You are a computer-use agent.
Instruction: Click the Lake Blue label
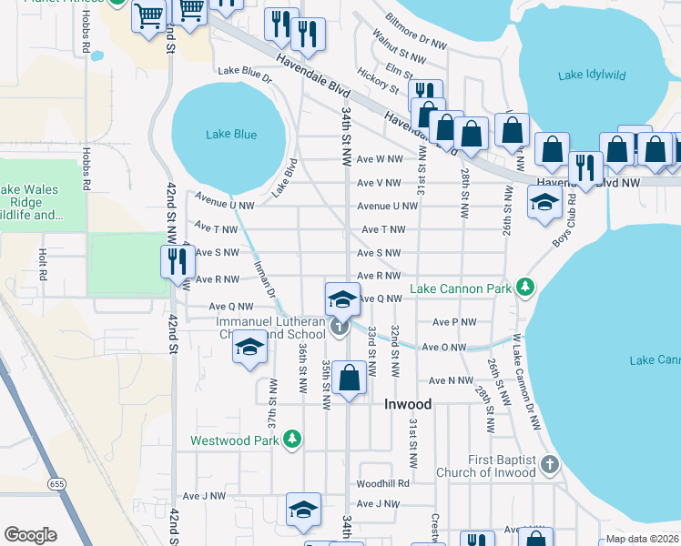click(231, 135)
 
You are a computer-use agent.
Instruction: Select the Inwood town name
click(408, 403)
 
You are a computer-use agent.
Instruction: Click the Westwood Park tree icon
click(291, 440)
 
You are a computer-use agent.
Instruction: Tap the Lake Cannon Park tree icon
click(524, 288)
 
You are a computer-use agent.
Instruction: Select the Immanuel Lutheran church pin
click(340, 326)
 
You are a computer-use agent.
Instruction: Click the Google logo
click(30, 535)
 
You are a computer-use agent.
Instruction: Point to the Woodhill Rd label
click(383, 483)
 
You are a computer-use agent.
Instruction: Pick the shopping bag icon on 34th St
click(349, 377)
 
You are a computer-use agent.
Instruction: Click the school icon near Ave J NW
click(303, 510)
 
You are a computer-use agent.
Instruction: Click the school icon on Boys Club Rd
click(544, 204)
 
